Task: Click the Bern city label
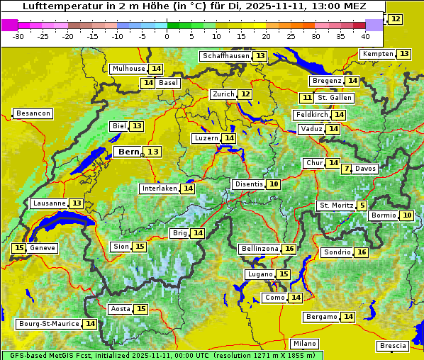tap(128, 152)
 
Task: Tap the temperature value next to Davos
tap(346, 169)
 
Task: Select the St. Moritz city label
tap(335, 206)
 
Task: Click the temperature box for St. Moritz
tap(362, 206)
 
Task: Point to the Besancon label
tap(33, 113)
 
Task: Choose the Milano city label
tap(306, 344)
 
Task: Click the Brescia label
tap(393, 346)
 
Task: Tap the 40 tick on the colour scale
tap(365, 35)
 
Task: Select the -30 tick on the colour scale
tap(18, 35)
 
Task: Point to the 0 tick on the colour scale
tap(167, 35)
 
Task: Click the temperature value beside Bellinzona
tap(289, 249)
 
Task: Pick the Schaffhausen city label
tap(225, 56)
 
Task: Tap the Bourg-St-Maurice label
tap(49, 324)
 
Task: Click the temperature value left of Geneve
tap(18, 248)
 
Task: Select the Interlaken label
tap(159, 189)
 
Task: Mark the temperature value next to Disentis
tap(273, 184)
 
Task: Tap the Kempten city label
tap(377, 54)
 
